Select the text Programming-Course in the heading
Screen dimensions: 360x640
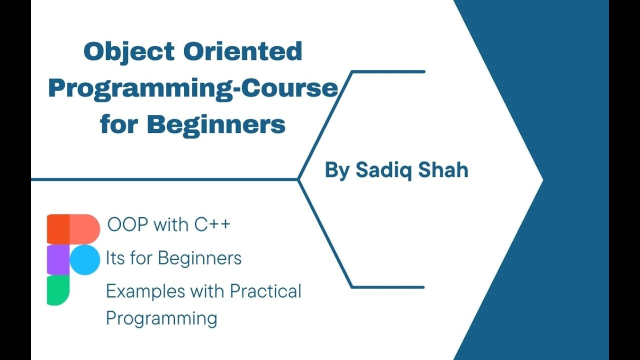click(x=193, y=88)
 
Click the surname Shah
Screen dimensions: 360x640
click(x=443, y=170)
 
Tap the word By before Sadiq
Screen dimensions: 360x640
click(x=337, y=170)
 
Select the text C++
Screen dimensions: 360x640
click(x=212, y=225)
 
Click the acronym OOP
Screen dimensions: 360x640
click(x=128, y=225)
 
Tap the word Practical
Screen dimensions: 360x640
click(x=265, y=291)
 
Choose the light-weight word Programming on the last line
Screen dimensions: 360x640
click(x=161, y=318)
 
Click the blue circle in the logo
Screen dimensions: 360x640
click(x=85, y=260)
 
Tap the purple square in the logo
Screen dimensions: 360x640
click(x=58, y=260)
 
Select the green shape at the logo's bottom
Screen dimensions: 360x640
click(x=58, y=290)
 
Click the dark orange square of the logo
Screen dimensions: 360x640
click(x=58, y=229)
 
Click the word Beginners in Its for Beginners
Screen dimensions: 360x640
click(x=199, y=258)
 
